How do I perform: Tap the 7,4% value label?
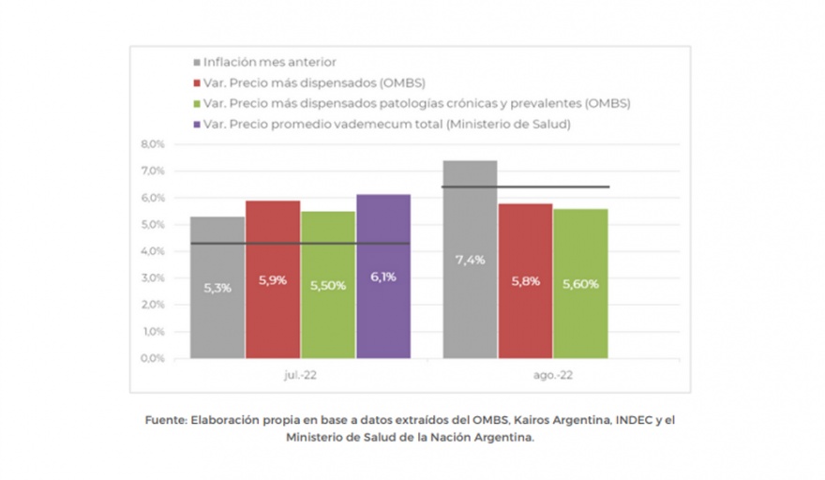pyautogui.click(x=470, y=260)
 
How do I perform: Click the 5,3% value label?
pyautogui.click(x=217, y=287)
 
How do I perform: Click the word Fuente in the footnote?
pyautogui.click(x=165, y=420)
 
